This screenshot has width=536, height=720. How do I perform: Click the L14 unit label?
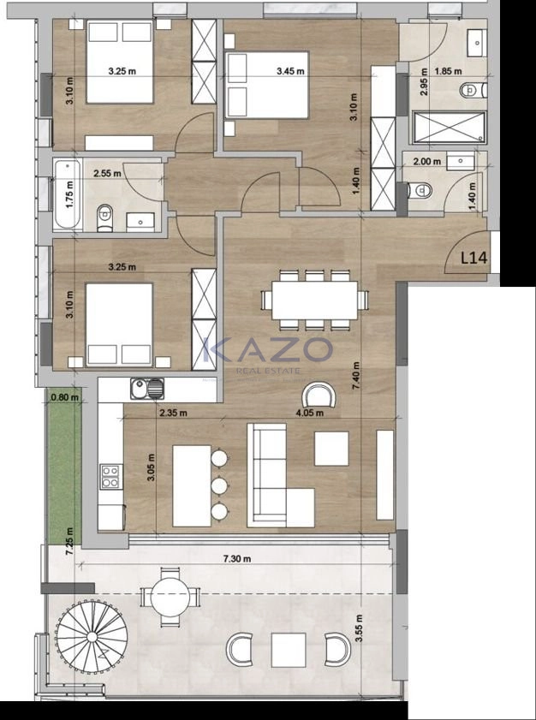coord(473,258)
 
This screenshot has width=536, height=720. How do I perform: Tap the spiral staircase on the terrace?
coord(92,636)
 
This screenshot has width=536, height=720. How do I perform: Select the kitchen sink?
coord(147,389)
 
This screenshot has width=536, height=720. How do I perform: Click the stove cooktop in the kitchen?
coord(111,476)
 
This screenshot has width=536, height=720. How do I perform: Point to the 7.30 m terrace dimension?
coord(237,558)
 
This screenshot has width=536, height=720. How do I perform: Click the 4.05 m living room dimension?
coord(310,413)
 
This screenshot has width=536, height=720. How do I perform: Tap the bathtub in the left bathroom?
coord(68,194)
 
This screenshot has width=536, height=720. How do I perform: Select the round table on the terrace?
coord(170,597)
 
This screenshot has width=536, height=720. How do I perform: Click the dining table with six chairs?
coord(314,300)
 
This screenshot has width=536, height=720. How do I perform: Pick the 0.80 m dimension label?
coord(65,397)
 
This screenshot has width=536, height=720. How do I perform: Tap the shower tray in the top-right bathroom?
coord(450,128)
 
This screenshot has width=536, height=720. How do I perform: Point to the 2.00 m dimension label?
coord(426,161)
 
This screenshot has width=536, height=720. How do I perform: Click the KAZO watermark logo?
coord(267,350)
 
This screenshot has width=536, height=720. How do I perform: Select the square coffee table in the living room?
coord(331,449)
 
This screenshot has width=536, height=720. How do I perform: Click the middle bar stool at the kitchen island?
coord(219,485)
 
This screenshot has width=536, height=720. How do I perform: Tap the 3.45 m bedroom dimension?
coord(290,71)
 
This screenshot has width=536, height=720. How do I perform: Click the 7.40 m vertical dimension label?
coord(356,376)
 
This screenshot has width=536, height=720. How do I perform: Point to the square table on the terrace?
coord(289,650)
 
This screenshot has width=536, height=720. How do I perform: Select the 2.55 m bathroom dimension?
coord(107,174)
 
